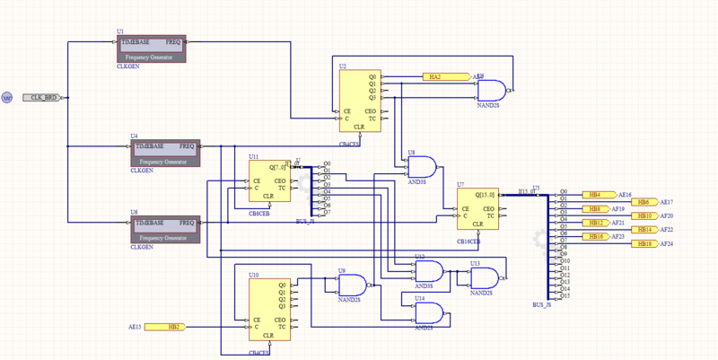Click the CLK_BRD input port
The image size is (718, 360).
[x=41, y=97]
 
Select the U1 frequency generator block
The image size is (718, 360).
[x=151, y=48]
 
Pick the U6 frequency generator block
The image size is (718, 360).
[x=165, y=229]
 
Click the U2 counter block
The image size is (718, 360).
[x=360, y=101]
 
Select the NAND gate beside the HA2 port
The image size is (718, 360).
[x=492, y=90]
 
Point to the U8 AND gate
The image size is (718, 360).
[x=422, y=168]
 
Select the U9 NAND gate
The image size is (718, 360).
[x=352, y=285]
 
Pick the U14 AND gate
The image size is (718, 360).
[x=428, y=312]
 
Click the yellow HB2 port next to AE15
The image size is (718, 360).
[x=165, y=327]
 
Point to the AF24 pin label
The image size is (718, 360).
[x=667, y=244]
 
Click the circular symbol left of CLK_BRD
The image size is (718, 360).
[x=6, y=97]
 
